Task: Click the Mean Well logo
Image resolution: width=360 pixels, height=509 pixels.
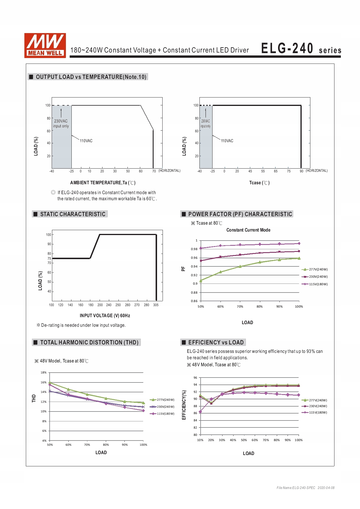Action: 45,45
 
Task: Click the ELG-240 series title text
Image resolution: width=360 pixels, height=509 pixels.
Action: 301,49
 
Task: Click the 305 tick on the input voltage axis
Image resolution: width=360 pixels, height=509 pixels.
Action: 156,305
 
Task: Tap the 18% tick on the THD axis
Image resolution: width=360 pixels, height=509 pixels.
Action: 44,373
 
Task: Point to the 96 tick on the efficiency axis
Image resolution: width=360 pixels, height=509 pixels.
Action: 195,378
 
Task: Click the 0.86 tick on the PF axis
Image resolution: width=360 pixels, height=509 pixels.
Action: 194,301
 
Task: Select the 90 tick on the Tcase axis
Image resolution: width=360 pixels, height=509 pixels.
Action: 301,172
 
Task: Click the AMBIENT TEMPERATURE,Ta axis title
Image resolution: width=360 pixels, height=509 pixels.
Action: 103,183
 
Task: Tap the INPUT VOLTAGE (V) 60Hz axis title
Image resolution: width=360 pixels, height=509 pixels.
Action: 105,316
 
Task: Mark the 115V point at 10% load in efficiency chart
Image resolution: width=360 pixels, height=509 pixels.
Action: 200,412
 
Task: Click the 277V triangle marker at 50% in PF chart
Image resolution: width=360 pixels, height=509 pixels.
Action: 201,281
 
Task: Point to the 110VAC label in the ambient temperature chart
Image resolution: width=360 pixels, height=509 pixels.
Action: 86,141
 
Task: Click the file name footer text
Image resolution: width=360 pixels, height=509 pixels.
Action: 305,488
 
